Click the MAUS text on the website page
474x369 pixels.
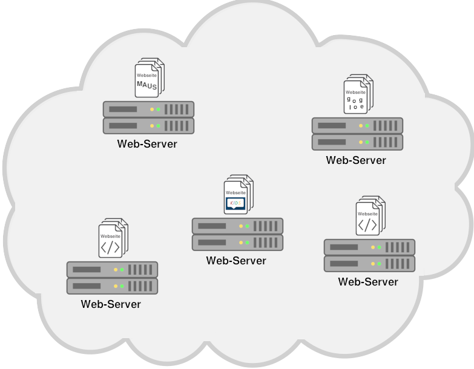(146, 85)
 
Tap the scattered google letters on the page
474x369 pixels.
(355, 102)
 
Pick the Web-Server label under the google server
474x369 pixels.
(356, 160)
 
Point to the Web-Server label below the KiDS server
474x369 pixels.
(236, 261)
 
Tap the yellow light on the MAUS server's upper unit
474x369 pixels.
(151, 109)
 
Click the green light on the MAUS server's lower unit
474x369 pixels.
(158, 126)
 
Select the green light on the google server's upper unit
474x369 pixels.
(367, 126)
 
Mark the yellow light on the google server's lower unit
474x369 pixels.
(361, 142)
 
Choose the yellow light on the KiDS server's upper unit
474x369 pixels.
(241, 226)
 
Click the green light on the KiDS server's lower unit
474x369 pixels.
(247, 243)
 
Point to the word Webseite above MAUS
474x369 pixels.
(146, 76)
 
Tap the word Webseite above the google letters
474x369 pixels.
(355, 93)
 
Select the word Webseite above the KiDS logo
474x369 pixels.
(235, 192)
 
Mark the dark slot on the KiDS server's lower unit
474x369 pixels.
(212, 243)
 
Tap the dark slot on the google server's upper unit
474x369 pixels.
(332, 126)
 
